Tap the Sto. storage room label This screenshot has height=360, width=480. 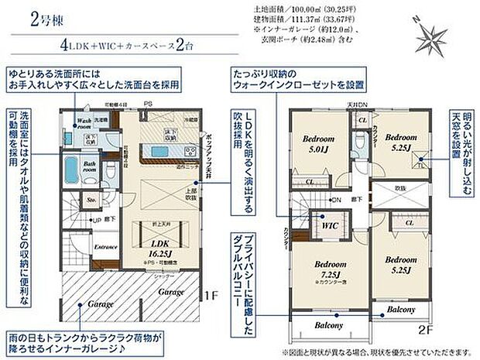tap(91, 199)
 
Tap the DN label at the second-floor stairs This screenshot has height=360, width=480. tap(336, 200)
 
